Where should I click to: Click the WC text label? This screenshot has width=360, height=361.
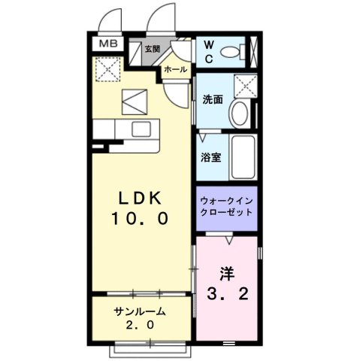tap(207, 50)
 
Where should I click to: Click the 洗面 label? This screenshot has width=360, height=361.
tap(212, 99)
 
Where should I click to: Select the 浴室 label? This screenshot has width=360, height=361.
tap(210, 158)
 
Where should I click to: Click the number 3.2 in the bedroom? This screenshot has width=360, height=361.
tap(226, 293)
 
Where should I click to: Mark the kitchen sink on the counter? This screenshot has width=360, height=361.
tap(141, 129)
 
